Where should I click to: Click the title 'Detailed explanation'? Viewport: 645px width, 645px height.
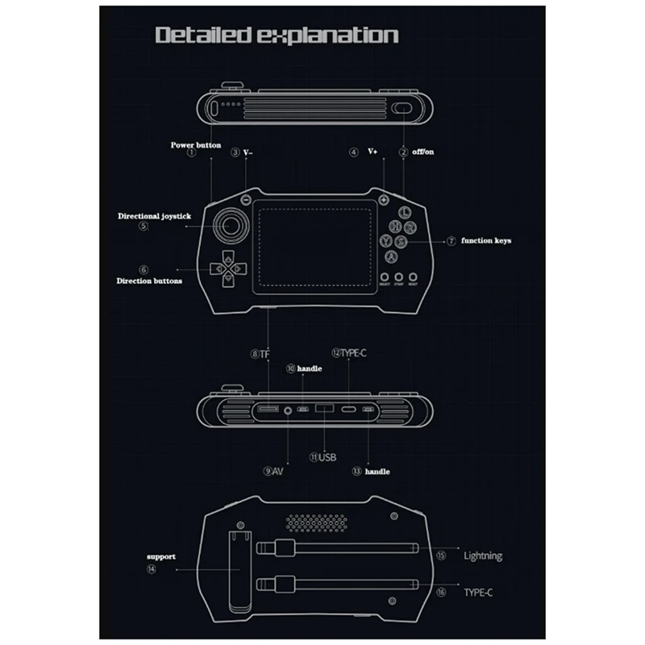click(x=277, y=35)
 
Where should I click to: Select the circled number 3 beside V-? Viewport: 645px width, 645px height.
click(x=235, y=152)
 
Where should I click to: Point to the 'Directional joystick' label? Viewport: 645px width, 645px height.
click(x=153, y=216)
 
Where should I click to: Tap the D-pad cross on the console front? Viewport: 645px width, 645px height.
click(x=229, y=267)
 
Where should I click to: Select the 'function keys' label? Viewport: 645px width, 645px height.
click(x=487, y=240)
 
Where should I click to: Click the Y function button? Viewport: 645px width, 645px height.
click(x=388, y=241)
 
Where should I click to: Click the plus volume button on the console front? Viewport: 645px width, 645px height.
click(x=384, y=201)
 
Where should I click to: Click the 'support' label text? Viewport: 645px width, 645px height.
click(x=161, y=556)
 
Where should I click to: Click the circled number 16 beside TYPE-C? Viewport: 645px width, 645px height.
click(x=441, y=591)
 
